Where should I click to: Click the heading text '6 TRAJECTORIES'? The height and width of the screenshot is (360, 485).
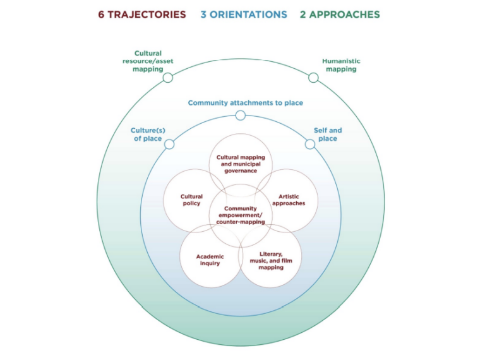(x=142, y=15)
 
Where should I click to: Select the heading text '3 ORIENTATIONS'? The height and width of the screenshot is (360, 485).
(x=244, y=15)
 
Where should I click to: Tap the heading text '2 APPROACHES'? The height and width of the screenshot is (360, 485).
(x=340, y=15)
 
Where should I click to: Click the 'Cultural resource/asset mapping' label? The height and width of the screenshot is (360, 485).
(x=148, y=61)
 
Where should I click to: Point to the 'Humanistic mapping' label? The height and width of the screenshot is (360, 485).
(x=341, y=65)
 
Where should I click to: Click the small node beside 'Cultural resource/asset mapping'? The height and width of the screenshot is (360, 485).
(x=167, y=78)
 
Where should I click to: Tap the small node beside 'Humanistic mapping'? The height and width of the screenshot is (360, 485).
(x=313, y=78)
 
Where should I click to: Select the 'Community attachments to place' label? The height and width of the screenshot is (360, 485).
(x=241, y=102)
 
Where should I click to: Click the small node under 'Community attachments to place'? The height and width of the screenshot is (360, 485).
(x=241, y=116)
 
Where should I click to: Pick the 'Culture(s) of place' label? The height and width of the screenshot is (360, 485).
(x=147, y=135)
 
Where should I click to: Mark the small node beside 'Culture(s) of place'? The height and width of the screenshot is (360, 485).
(x=169, y=144)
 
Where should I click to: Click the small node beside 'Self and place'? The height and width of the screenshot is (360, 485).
(x=310, y=144)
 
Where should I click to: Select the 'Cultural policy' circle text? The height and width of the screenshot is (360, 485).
(x=191, y=200)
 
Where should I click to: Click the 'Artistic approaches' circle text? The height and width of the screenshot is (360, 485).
(x=289, y=200)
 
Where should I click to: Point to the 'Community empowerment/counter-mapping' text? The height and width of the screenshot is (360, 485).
(x=241, y=215)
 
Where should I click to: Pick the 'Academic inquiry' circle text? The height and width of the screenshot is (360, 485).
(x=210, y=260)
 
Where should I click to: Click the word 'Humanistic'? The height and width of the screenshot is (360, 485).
(x=341, y=61)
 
